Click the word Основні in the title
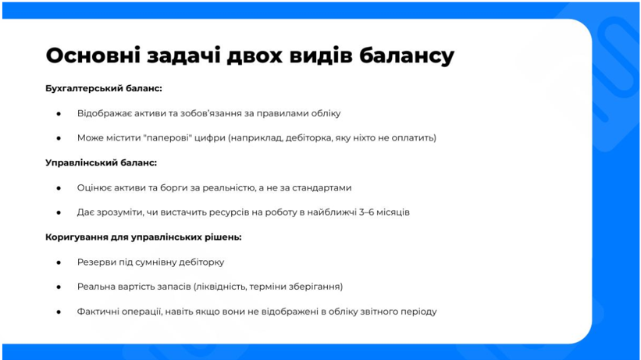(93, 55)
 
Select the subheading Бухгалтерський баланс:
(104, 89)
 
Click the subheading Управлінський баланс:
(101, 162)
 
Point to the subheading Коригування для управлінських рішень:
(144, 237)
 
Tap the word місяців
(394, 212)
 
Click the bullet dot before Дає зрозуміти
(59, 212)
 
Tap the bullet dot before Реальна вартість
(59, 287)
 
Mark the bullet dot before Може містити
(59, 138)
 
